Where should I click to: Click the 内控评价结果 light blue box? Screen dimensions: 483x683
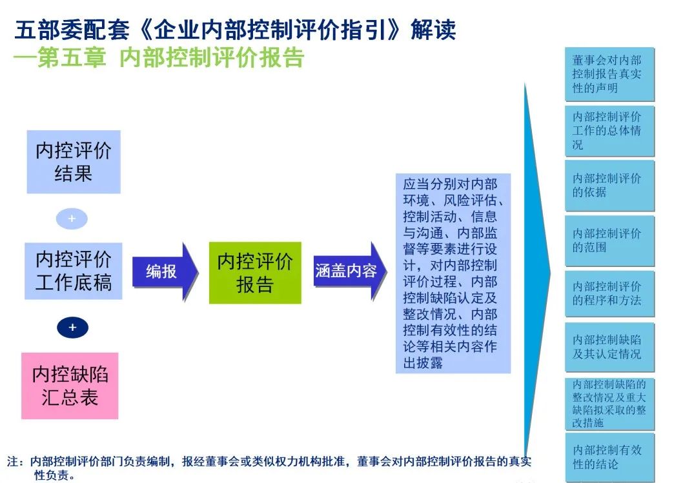(x=73, y=162)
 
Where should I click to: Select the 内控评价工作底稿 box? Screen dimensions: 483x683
(x=73, y=271)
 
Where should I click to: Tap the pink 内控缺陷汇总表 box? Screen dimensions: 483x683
(x=70, y=386)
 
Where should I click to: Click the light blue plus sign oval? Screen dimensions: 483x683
(x=72, y=219)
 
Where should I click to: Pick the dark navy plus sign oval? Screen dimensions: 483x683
(x=72, y=328)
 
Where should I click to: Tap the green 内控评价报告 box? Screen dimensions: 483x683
(x=255, y=272)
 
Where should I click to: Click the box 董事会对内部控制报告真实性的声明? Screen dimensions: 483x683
(x=609, y=74)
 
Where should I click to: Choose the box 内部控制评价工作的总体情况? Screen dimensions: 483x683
(x=609, y=131)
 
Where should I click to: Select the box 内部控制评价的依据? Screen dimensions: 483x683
(x=609, y=185)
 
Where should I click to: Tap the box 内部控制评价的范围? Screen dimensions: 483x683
(x=609, y=240)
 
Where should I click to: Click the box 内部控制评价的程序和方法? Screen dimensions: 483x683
(x=609, y=293)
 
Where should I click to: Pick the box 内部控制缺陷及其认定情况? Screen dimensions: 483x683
(x=609, y=347)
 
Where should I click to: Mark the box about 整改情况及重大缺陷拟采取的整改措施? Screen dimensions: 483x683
(x=609, y=404)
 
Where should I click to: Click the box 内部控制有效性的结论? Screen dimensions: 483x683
(x=609, y=457)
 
